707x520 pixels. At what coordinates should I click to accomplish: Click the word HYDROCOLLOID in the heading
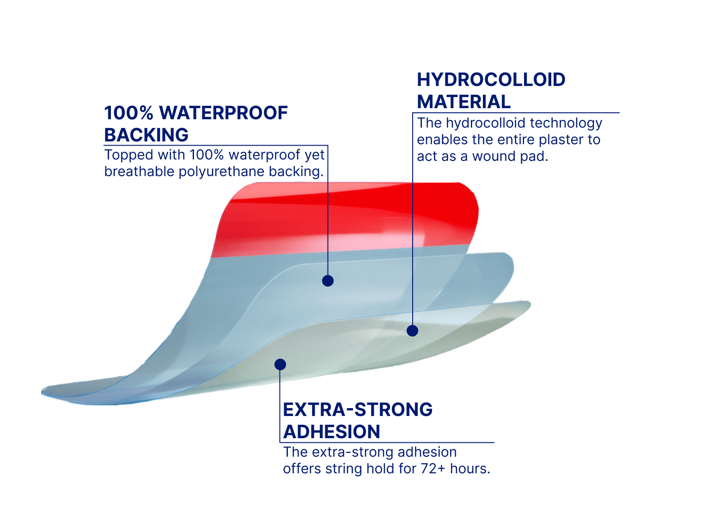(x=491, y=80)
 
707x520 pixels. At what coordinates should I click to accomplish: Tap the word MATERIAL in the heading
(x=463, y=102)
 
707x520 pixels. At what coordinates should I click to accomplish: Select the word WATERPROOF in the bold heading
(x=224, y=113)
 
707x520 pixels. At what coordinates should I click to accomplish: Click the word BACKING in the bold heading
(x=146, y=135)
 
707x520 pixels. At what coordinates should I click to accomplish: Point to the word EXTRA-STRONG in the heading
(x=358, y=410)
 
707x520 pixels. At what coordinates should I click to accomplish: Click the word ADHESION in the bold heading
(x=331, y=432)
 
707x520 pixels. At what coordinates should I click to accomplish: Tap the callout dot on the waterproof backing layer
(x=328, y=281)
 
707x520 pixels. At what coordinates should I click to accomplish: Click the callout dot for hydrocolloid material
(x=412, y=331)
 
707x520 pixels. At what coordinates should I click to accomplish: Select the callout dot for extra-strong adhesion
(x=280, y=365)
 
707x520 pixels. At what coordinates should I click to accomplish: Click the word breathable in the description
(x=139, y=171)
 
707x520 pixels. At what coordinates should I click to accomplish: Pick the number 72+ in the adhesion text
(x=433, y=469)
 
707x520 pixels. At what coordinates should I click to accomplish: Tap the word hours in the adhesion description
(x=470, y=469)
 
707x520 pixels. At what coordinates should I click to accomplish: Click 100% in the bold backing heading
(x=129, y=113)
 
